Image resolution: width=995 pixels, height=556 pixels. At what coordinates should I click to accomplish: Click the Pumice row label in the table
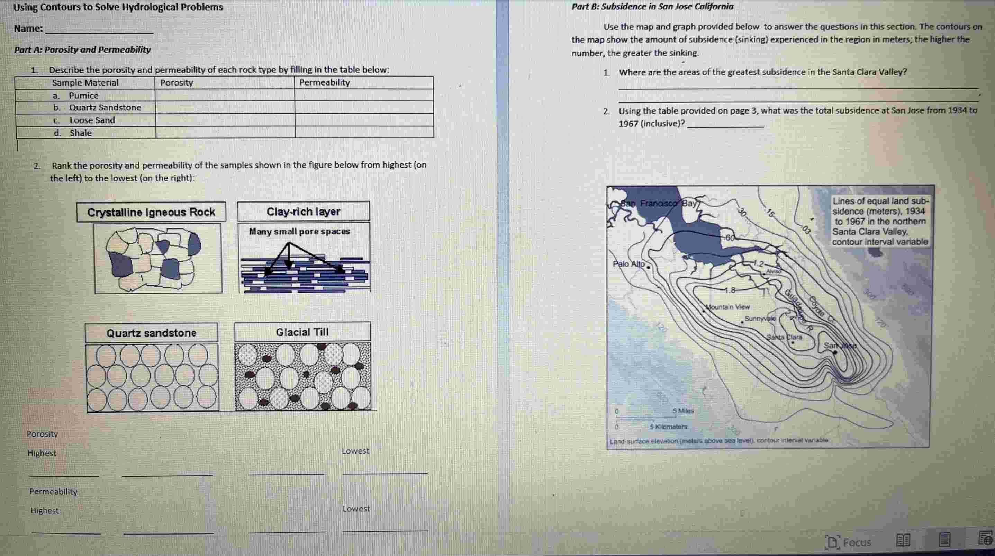[83, 96]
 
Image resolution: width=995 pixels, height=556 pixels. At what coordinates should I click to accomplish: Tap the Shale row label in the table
[80, 133]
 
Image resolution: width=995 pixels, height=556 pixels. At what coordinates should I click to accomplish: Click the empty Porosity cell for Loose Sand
[225, 120]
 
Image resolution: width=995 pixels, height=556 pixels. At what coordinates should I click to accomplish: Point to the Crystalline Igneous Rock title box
[151, 212]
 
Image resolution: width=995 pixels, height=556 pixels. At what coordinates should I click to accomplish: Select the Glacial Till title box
[302, 332]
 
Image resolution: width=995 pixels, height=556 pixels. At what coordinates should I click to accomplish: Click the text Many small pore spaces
[299, 232]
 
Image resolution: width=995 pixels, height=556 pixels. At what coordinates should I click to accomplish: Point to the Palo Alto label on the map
[628, 264]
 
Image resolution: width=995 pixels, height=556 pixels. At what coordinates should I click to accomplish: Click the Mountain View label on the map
[728, 307]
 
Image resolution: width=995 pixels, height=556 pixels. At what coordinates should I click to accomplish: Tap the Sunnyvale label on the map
[760, 319]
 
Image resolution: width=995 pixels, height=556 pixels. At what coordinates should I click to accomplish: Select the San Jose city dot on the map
[835, 352]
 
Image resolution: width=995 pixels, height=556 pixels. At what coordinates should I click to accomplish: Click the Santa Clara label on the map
[785, 337]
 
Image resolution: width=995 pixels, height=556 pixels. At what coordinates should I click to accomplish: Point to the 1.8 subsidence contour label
[730, 290]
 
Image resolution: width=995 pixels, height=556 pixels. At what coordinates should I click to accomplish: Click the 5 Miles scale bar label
[683, 411]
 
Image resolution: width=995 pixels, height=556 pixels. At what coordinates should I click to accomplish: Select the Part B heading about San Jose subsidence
[652, 7]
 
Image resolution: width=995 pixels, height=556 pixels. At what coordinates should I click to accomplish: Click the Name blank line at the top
[99, 29]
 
